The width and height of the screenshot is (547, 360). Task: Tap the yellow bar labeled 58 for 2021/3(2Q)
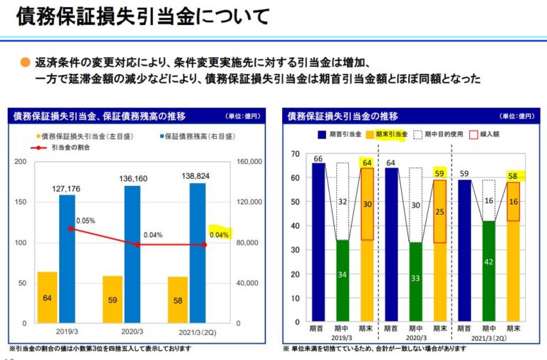tap(178, 299)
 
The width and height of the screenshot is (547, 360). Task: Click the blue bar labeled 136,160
tap(132, 253)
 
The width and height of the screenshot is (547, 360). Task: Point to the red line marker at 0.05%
tap(71, 229)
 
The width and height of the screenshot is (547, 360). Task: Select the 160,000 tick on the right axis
tap(249, 162)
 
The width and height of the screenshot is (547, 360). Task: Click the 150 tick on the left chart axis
tap(21, 202)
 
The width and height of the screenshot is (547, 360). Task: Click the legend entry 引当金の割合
tap(61, 148)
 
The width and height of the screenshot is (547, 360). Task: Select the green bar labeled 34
tap(343, 280)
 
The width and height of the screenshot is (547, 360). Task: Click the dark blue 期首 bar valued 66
tap(318, 242)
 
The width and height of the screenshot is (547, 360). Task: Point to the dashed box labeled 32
tap(343, 202)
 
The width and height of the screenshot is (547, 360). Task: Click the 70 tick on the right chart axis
tap(294, 154)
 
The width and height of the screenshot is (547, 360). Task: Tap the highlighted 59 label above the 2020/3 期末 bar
tap(440, 173)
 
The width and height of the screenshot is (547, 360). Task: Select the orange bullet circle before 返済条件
tap(26, 62)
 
